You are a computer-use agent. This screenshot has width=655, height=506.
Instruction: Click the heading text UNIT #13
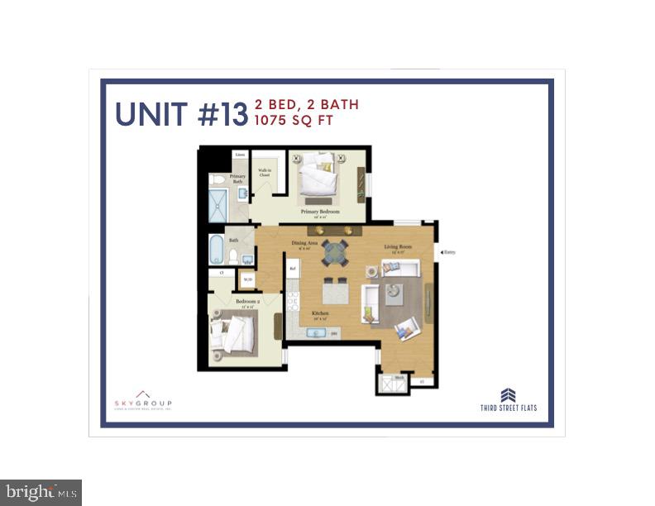click(181, 114)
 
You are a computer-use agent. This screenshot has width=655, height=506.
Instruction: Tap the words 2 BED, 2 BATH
click(307, 104)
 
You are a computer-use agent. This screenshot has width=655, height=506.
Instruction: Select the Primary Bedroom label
click(320, 212)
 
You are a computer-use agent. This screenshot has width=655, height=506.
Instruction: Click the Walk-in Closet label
click(265, 173)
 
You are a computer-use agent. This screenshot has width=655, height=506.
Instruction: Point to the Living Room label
click(397, 246)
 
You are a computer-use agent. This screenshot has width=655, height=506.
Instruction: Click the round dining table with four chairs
click(335, 251)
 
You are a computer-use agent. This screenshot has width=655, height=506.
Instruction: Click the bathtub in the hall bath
click(215, 248)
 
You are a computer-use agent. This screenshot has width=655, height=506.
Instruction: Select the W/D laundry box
click(247, 279)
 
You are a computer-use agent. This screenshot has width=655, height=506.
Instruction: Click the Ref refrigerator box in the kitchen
click(293, 268)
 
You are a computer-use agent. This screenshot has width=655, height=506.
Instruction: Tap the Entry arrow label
click(447, 252)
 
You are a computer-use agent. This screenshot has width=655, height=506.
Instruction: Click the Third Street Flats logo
click(509, 400)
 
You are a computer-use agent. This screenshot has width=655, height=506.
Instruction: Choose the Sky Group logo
click(142, 399)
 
